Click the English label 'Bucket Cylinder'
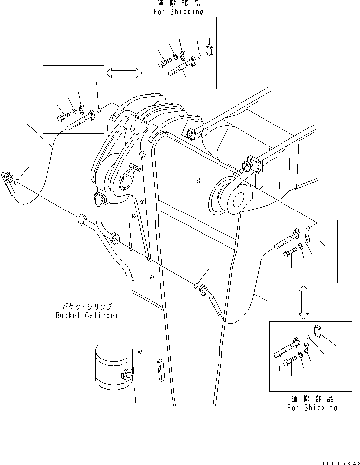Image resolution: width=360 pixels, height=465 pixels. [x=87, y=315]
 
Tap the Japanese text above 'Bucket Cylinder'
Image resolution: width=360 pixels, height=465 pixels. [x=87, y=306]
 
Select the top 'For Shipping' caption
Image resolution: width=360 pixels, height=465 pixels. [x=178, y=12]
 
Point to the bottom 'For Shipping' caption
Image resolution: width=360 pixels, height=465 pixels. [x=312, y=408]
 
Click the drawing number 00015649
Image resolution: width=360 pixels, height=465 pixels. [x=340, y=463]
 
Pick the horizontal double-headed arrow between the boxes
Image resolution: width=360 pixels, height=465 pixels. [x=123, y=73]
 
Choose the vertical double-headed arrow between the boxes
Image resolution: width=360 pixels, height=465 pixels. [x=303, y=302]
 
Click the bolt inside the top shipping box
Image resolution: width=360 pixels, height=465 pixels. [x=165, y=63]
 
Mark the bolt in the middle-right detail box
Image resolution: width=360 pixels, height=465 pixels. [x=289, y=253]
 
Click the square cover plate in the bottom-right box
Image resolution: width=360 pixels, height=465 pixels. [x=317, y=331]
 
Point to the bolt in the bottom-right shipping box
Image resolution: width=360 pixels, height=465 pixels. [x=289, y=362]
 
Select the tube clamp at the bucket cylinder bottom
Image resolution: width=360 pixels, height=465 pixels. [x=127, y=374]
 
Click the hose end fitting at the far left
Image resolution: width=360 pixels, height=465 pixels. [x=8, y=183]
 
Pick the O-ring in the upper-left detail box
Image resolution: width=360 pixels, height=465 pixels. [x=99, y=110]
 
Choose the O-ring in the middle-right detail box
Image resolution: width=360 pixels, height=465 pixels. [x=308, y=228]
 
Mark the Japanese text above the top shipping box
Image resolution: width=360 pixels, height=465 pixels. [x=179, y=3]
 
